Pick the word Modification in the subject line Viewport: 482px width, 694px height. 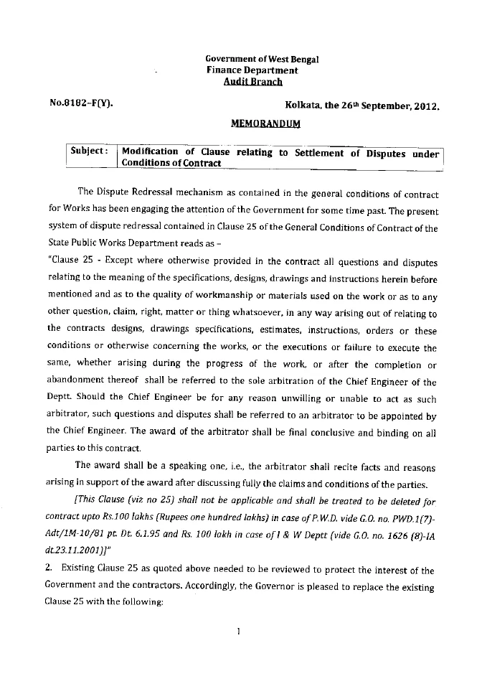pyautogui.click(x=150, y=151)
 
